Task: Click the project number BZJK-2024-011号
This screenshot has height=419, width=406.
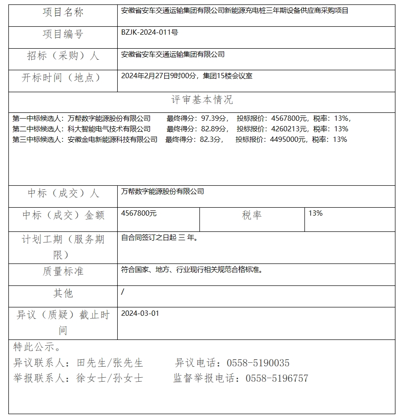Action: [x=149, y=33]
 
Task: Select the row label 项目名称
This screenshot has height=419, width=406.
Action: [x=63, y=13]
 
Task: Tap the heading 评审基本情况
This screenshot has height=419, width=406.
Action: [x=202, y=100]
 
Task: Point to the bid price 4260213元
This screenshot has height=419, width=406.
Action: [x=286, y=129]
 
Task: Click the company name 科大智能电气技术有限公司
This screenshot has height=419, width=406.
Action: [x=109, y=129]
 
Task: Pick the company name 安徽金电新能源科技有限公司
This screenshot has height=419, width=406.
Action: [x=112, y=139]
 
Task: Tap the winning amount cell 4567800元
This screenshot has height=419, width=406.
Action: [x=139, y=213]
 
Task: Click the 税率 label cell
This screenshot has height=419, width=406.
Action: [x=252, y=215]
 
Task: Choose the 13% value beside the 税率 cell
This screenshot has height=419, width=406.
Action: [x=315, y=213]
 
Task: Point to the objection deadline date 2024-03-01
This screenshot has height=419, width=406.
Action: [x=140, y=314]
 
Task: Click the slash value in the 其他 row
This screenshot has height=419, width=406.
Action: [x=123, y=292]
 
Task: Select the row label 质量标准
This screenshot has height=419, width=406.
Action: [x=63, y=271]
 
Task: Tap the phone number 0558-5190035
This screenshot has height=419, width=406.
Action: [x=258, y=363]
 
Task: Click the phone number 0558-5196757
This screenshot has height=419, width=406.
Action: [x=277, y=378]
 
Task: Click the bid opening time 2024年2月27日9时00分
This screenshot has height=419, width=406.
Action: [x=159, y=76]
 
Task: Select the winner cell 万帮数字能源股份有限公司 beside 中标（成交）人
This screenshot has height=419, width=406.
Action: [x=163, y=191]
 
